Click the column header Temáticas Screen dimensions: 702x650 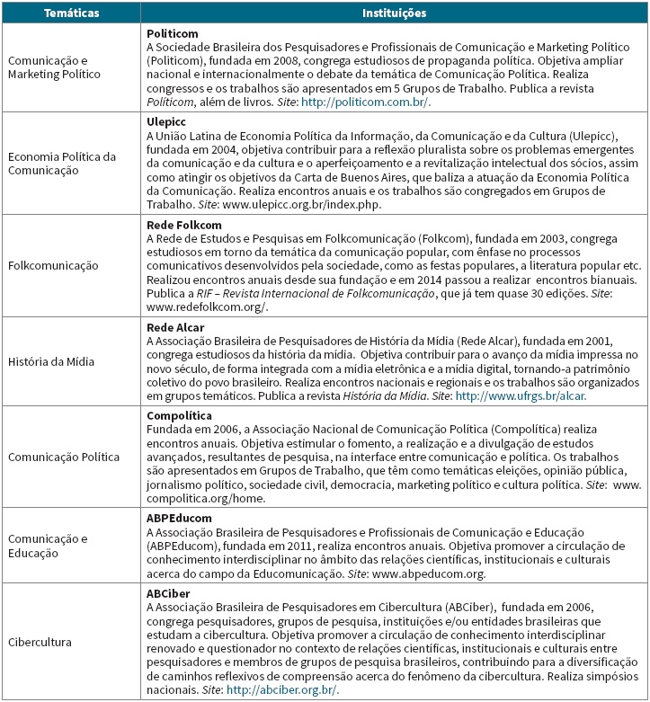point(71,13)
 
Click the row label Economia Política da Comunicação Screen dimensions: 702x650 point(62,163)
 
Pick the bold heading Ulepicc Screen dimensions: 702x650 point(168,122)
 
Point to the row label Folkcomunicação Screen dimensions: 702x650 point(53,266)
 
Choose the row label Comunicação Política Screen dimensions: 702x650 point(64,457)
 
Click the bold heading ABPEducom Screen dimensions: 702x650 point(180,518)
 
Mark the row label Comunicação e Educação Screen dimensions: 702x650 point(49,546)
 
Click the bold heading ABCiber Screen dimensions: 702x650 point(168,594)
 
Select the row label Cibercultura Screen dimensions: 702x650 point(41,643)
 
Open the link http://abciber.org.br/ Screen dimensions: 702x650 point(283,689)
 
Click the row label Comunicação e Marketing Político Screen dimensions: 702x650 point(55,67)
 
